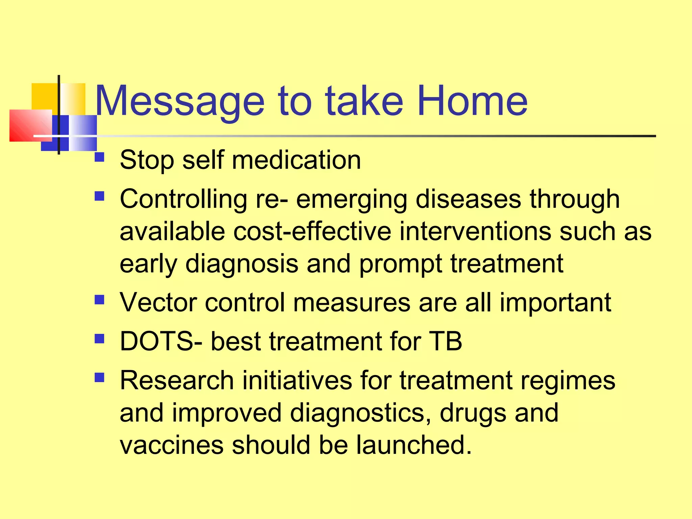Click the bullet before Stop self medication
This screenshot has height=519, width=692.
click(x=99, y=157)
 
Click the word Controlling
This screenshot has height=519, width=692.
click(x=183, y=199)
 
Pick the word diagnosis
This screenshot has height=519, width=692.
click(x=242, y=264)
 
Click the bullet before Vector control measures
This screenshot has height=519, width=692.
click(x=99, y=300)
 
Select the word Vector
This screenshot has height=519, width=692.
click(x=158, y=302)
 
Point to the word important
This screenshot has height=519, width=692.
click(x=555, y=303)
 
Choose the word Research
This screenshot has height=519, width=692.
click(x=177, y=380)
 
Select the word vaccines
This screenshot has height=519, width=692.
click(x=171, y=445)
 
